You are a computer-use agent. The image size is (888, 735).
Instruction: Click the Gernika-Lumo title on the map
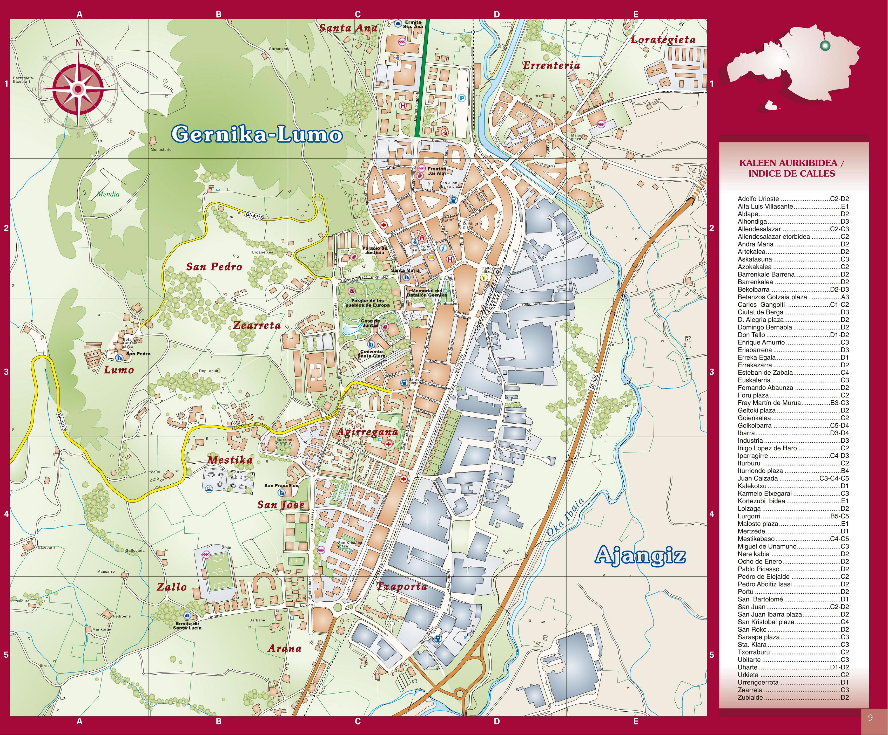pos(257,134)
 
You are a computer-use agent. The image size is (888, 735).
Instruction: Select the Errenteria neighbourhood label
pos(551,65)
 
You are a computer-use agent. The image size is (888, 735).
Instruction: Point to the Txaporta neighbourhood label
pos(402,586)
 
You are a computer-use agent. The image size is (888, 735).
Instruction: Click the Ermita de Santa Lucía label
pos(187,626)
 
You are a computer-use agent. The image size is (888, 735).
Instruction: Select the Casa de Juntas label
pos(371,323)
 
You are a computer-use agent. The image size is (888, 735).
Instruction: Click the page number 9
pos(870,718)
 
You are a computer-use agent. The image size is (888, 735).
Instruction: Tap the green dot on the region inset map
pos(823,45)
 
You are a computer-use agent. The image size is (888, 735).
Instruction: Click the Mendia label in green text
pos(108,194)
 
